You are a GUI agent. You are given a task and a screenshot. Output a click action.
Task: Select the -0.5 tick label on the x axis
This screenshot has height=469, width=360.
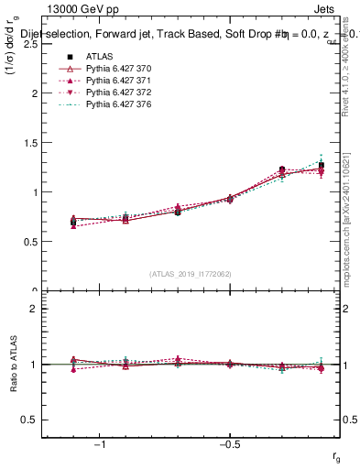click(229, 442)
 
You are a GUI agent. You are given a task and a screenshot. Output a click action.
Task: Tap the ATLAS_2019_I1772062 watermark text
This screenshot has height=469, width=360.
click(191, 273)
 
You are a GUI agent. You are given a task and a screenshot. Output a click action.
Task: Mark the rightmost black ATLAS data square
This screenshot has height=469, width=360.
click(321, 165)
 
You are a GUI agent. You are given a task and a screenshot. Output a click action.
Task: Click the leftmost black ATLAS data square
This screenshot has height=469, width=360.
click(73, 222)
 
